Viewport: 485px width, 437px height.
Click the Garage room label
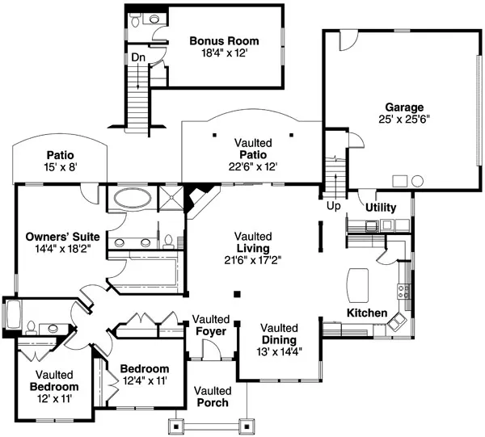coord(403,107)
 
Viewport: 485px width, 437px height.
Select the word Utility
coord(380,208)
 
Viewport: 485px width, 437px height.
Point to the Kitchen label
coord(367,313)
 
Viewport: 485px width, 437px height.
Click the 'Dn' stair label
coord(138,57)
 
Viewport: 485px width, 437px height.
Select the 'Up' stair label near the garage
coord(333,207)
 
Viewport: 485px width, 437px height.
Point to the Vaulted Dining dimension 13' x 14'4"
coord(280,352)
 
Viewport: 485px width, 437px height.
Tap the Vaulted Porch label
coord(213,402)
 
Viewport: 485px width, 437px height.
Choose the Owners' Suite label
coord(62,237)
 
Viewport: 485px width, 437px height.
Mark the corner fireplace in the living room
coord(198,199)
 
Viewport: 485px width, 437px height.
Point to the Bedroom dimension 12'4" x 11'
coord(143,380)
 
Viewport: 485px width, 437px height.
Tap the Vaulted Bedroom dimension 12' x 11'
coord(54,398)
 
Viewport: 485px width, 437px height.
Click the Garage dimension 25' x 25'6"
coord(403,119)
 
